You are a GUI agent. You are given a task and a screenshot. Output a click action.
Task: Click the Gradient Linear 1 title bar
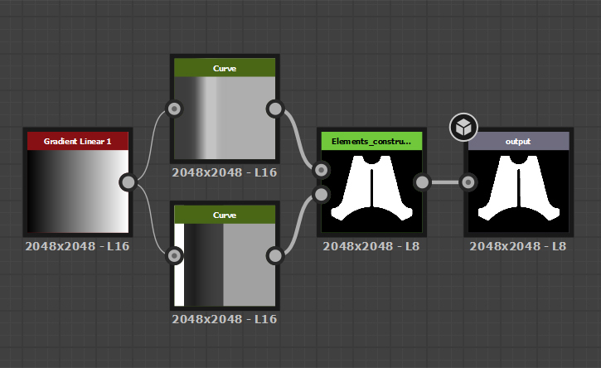coord(78,141)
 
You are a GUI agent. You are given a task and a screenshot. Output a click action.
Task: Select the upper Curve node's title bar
coord(225,68)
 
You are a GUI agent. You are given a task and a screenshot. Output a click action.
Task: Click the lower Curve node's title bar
coord(225,215)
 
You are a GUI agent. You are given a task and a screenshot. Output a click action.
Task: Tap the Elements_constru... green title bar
coord(371,141)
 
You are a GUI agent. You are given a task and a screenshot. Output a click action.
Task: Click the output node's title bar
coord(518,141)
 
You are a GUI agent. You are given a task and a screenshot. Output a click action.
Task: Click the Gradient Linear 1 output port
coord(128,182)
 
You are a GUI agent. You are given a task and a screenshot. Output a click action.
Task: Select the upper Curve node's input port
coord(174,109)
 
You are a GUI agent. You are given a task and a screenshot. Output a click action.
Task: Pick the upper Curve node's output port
coord(275,109)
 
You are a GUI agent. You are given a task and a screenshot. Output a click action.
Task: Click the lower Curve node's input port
coord(174,255)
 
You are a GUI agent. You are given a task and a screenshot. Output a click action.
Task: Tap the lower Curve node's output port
coord(275,255)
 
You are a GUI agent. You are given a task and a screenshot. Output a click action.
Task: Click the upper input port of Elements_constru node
coord(321,170)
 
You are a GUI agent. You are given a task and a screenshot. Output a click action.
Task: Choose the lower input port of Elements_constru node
coord(321,194)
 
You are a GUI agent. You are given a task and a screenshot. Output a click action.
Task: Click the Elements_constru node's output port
coord(423,182)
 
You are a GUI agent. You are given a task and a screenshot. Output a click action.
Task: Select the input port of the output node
coord(468,182)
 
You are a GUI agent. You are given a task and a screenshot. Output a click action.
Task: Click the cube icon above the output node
coord(463,128)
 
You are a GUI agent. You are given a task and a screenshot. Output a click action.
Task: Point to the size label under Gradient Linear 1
coord(77,246)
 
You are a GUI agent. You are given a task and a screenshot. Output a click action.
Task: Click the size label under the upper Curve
coord(224,172)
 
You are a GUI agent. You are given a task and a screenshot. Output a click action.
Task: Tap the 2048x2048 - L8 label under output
coord(518,246)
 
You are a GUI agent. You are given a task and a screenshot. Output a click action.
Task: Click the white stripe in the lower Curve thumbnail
coord(179,265)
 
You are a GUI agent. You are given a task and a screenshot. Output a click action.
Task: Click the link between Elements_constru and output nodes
coord(445,182)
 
